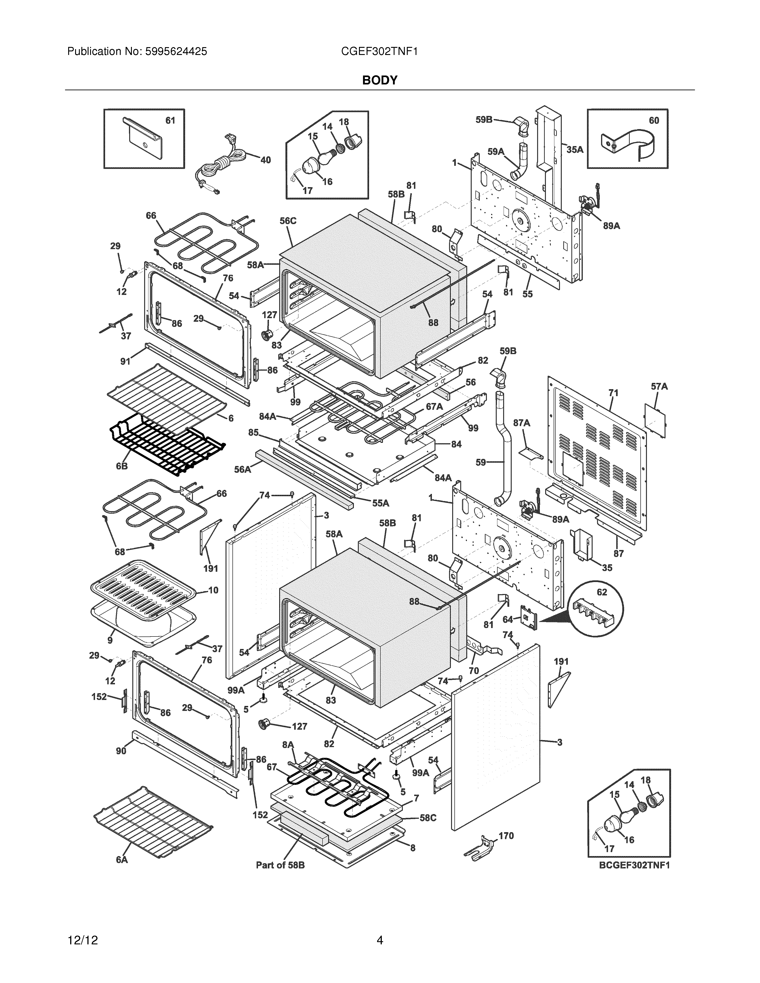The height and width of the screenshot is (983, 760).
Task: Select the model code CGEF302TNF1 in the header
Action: [380, 52]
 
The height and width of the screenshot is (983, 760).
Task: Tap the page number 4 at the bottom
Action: [380, 928]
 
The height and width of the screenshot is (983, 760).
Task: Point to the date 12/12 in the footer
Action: [82, 928]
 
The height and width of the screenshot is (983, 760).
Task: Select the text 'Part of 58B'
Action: [280, 865]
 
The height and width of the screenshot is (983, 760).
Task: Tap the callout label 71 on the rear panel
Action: [613, 393]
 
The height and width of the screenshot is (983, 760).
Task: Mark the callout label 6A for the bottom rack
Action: [122, 860]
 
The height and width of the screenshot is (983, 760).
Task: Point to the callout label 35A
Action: [574, 150]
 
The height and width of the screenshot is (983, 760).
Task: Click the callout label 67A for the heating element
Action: [435, 406]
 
